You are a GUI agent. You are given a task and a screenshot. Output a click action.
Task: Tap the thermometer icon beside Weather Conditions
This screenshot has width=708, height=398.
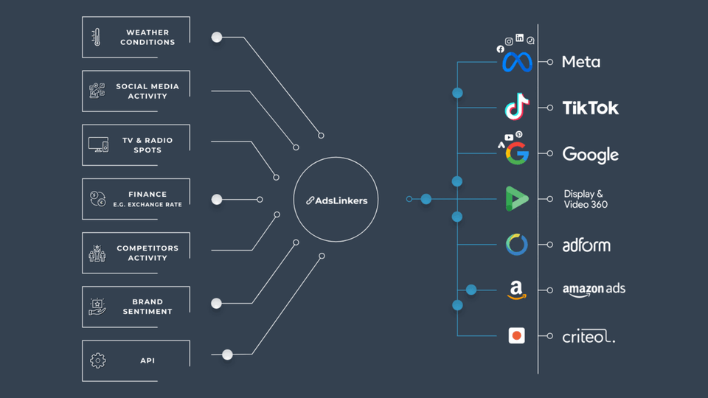96,37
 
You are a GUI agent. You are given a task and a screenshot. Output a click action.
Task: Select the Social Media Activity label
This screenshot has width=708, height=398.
147,91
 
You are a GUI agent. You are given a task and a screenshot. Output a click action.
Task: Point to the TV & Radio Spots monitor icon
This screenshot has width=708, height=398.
98,145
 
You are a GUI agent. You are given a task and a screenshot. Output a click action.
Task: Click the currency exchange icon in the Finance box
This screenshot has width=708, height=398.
97,199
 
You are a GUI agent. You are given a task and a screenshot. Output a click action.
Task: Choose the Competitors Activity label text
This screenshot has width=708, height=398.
147,253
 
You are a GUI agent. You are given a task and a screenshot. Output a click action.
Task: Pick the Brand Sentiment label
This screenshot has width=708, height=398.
147,307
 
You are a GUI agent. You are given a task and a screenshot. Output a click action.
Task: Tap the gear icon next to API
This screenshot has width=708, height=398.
97,360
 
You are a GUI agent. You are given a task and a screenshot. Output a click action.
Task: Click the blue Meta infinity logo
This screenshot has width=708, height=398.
517,63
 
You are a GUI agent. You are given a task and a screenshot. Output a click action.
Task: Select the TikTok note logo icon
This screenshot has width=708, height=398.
517,107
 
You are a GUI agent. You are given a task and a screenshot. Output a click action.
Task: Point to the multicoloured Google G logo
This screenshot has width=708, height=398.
518,153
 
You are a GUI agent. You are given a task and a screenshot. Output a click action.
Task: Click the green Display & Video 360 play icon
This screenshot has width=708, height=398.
516,199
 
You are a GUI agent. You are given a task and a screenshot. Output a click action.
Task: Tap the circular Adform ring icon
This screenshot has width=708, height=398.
517,245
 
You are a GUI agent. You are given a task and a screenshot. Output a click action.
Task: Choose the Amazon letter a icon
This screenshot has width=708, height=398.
517,290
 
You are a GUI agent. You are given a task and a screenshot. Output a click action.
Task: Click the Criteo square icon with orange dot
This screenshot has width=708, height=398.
517,335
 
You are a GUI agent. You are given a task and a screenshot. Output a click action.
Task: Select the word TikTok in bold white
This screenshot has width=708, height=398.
591,108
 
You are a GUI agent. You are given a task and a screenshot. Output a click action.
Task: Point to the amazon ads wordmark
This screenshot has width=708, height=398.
594,289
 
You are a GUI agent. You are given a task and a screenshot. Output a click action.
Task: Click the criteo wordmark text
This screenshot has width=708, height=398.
588,337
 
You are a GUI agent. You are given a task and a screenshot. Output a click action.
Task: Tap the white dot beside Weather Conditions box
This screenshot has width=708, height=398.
217,37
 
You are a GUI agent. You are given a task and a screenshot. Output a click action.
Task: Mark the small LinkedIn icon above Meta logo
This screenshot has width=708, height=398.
520,38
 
